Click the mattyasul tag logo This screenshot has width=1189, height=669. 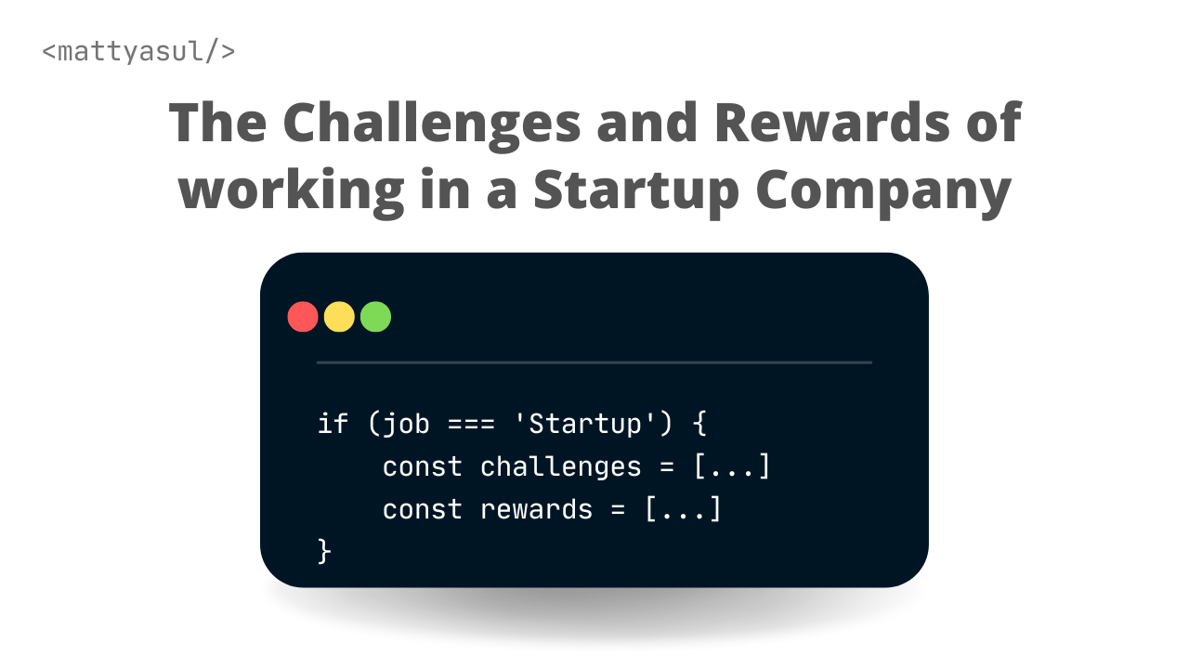click(x=138, y=51)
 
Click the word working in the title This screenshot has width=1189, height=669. click(x=291, y=190)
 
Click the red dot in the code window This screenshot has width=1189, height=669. click(x=303, y=317)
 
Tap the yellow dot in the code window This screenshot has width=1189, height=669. click(x=339, y=317)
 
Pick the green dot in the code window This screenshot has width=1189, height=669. click(x=375, y=317)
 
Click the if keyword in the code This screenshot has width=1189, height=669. click(x=333, y=424)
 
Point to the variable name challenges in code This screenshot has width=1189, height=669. click(x=560, y=466)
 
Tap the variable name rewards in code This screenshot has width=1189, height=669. click(x=536, y=509)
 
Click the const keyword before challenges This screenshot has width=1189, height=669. click(x=422, y=466)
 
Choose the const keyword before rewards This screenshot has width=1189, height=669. click(x=422, y=509)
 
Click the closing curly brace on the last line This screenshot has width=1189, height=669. click(x=324, y=551)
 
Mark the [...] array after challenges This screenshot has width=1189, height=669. click(x=732, y=466)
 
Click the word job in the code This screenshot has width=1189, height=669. click(x=406, y=425)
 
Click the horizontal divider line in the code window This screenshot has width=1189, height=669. click(x=594, y=362)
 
